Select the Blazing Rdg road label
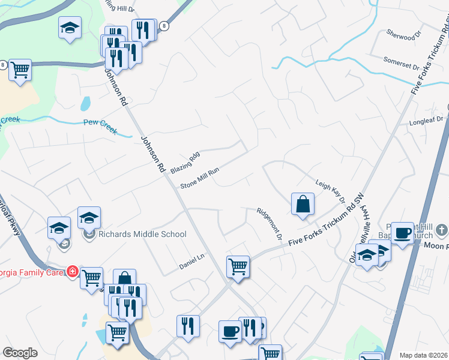pos(184,163)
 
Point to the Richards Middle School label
pos(142,234)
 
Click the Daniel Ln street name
pos(192,262)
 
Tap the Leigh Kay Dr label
pos(331,190)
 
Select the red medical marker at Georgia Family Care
pos(73,271)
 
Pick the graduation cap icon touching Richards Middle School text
pos(89,217)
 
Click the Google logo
pos(20,353)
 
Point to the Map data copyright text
pos(423,355)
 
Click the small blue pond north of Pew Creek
pos(85,104)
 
